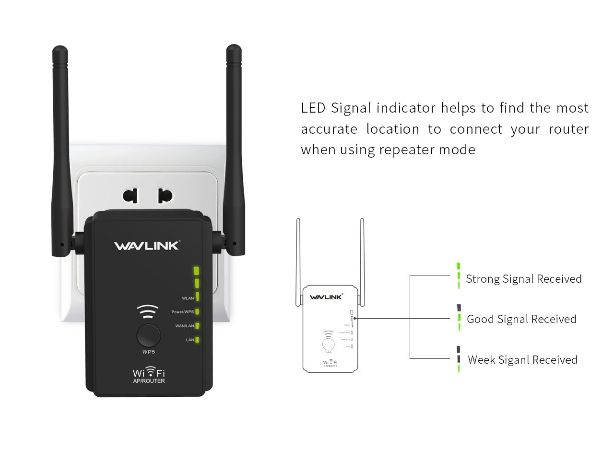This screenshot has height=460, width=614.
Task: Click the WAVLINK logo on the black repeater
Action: [147, 246]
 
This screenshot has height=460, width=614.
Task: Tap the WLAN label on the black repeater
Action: [188, 298]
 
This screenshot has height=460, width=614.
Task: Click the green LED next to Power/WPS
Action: [197, 312]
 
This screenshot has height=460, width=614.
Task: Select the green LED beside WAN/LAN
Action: [197, 326]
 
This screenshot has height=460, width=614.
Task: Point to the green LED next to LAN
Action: [197, 340]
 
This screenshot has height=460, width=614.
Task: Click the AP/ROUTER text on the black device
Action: [149, 381]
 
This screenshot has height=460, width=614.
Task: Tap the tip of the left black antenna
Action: [60, 49]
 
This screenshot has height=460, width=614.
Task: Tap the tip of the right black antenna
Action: [234, 48]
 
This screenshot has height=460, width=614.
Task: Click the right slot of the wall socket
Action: [165, 195]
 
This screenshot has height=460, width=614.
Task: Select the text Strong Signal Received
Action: [523, 279]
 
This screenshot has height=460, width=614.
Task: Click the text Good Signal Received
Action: [521, 319]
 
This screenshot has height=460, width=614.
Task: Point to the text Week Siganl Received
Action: [522, 360]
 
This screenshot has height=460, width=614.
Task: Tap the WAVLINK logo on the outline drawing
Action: [326, 297]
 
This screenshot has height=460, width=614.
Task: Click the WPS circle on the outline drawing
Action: [328, 344]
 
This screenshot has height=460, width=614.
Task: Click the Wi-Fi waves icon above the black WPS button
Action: [148, 311]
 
